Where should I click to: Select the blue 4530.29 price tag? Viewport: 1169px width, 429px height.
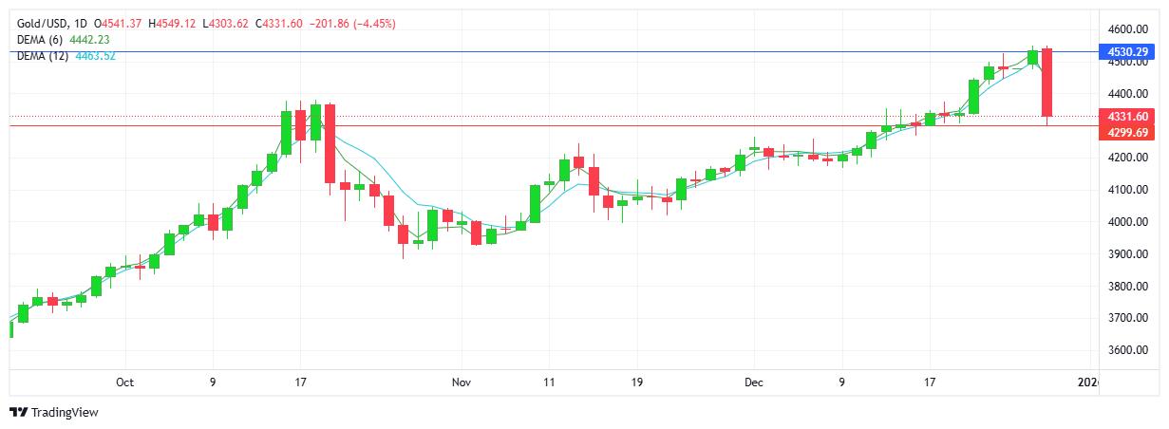(x=1125, y=51)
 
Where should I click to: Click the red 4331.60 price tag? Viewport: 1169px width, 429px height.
(x=1125, y=117)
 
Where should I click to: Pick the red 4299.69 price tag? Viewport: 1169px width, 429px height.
(x=1125, y=133)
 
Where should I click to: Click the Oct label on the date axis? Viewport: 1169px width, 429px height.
(x=124, y=382)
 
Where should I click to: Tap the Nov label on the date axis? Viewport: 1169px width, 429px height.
(x=462, y=382)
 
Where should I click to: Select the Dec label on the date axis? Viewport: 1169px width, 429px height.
(x=754, y=382)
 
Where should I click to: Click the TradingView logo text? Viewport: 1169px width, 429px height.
(x=65, y=413)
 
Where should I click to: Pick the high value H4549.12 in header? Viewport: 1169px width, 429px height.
(x=172, y=23)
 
